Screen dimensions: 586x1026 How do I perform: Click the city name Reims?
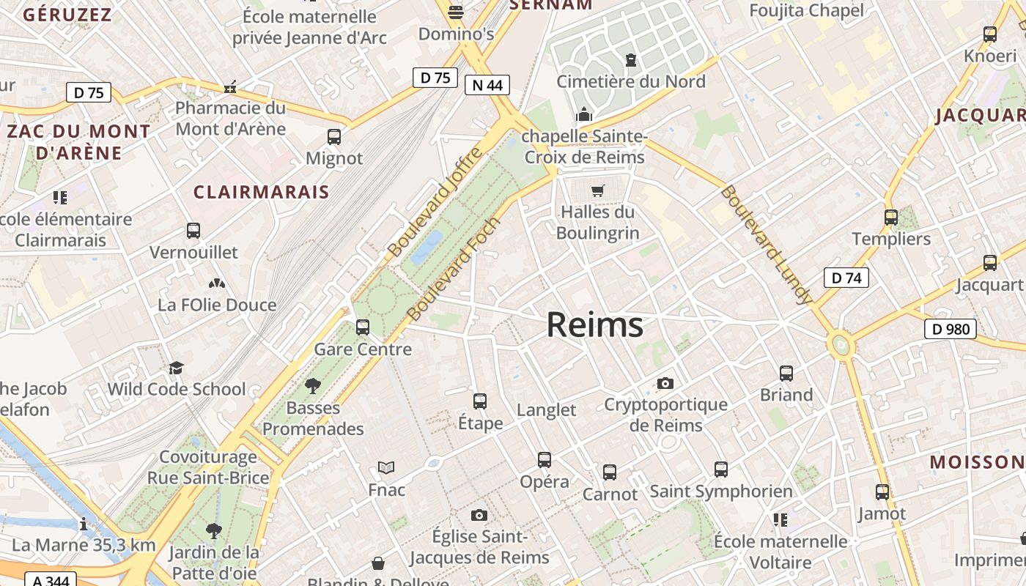point(594,325)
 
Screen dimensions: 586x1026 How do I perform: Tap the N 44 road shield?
point(487,85)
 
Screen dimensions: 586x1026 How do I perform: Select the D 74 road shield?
point(846,278)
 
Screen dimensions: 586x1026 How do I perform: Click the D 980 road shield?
point(951,329)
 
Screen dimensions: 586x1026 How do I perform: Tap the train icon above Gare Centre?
point(362,327)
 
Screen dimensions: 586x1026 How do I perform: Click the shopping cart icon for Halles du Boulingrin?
point(598,190)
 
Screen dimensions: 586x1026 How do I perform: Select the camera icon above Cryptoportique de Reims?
point(665,383)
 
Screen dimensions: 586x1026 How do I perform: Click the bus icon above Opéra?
point(544,460)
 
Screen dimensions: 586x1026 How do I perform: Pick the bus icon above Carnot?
point(610,472)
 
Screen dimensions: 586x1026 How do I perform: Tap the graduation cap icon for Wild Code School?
point(176,368)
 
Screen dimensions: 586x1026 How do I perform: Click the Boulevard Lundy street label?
point(767,245)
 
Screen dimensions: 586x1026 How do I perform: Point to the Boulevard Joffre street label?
point(435,202)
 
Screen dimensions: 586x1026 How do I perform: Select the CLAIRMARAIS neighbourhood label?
point(261,192)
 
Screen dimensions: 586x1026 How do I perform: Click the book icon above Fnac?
point(386,467)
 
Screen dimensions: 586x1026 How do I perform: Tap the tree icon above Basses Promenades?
point(313,385)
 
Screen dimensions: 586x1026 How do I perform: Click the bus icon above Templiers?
point(891,218)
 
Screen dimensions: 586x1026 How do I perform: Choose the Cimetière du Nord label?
point(631,81)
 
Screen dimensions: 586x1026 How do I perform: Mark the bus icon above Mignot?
point(334,137)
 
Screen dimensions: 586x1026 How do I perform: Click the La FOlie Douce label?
point(217,305)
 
